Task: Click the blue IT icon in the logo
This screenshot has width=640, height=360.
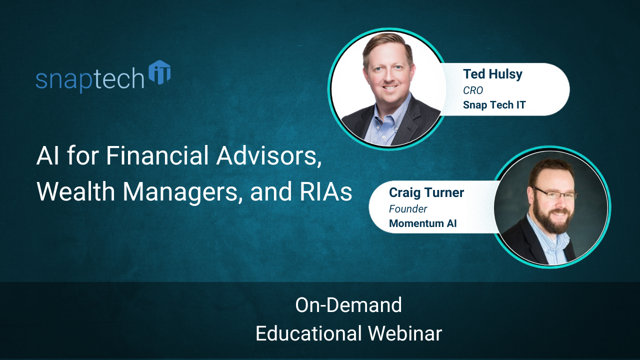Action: pyautogui.click(x=160, y=73)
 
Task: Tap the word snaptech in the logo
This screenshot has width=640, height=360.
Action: pyautogui.click(x=90, y=79)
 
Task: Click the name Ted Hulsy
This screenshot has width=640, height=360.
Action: pyautogui.click(x=492, y=74)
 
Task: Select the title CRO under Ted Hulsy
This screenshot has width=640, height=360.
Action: pyautogui.click(x=472, y=90)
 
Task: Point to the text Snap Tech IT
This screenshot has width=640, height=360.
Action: pyautogui.click(x=493, y=105)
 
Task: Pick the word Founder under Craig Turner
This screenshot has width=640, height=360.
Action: pyautogui.click(x=408, y=208)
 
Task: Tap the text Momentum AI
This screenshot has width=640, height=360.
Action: pyautogui.click(x=422, y=223)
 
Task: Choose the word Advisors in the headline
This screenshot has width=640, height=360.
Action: pyautogui.click(x=269, y=157)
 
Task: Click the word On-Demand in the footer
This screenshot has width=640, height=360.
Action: pyautogui.click(x=348, y=305)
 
